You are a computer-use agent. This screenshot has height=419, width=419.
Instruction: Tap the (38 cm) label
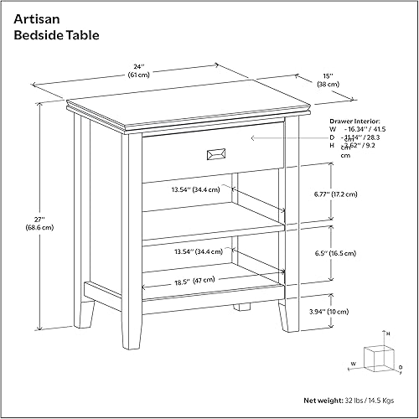[x=328, y=84]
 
